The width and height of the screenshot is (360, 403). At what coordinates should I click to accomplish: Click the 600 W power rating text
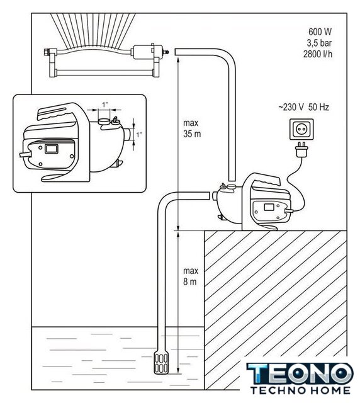(x=320, y=32)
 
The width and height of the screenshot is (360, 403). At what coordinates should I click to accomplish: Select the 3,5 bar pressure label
(x=319, y=43)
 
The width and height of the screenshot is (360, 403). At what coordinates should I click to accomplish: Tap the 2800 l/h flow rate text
(x=318, y=54)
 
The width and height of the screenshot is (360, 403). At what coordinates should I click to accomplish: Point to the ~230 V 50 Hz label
(x=303, y=107)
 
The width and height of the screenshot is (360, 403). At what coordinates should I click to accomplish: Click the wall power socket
(x=301, y=129)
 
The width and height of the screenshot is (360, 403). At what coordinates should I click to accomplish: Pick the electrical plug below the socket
(x=301, y=150)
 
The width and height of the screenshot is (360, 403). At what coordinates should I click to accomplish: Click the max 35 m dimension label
(x=192, y=128)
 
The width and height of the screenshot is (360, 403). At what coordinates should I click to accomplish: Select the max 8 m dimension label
(x=191, y=276)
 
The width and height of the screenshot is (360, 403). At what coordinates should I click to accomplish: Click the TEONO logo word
(x=300, y=374)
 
